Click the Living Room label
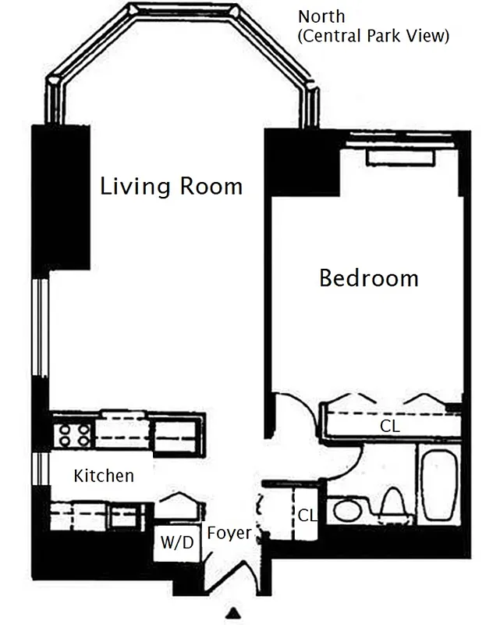(171, 187)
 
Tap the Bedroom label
(368, 278)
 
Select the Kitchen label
(104, 475)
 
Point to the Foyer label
(229, 534)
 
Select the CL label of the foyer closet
(307, 515)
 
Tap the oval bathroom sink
(346, 512)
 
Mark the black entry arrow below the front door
(233, 612)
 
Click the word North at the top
(321, 16)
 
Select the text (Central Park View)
(374, 36)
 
